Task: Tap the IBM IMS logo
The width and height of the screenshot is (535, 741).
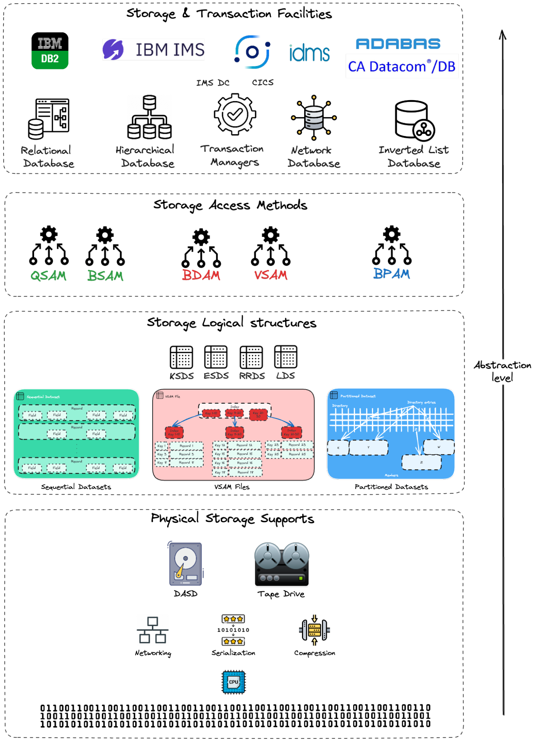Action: point(153,50)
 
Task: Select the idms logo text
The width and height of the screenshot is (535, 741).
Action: point(309,53)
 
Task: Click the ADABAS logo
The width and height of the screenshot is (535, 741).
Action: point(398,44)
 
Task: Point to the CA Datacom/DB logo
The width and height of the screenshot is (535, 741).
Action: point(402,67)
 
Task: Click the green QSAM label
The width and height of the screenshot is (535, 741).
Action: point(49,276)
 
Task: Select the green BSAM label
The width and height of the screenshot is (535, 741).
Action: point(105,276)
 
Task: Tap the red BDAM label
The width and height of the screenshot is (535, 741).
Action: point(201,275)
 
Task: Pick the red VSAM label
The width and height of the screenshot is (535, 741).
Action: point(271,275)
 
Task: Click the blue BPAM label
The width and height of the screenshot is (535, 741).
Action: point(392,274)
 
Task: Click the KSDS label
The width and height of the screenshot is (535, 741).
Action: point(182,376)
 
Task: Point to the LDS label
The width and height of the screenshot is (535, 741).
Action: point(286,376)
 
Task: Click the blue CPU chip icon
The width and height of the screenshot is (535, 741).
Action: point(234,682)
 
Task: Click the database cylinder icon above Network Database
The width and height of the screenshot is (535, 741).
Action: point(314,118)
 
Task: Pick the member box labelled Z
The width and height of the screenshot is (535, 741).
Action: point(421,462)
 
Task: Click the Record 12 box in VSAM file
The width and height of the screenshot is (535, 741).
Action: point(245,445)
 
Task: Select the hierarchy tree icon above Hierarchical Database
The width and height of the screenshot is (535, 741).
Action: point(149,117)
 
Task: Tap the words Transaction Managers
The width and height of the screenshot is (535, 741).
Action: point(233,155)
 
